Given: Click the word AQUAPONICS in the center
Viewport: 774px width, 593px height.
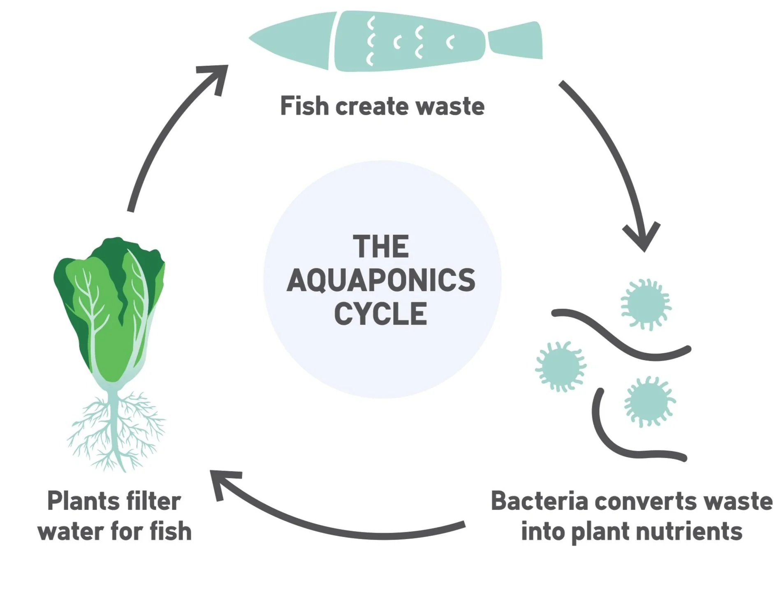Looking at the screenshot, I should click(x=381, y=280).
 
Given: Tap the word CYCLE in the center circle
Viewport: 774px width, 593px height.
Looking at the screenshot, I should click(x=380, y=314).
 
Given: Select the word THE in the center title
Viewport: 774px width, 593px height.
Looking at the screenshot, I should click(x=381, y=247).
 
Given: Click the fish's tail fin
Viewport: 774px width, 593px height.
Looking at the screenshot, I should click(x=516, y=40).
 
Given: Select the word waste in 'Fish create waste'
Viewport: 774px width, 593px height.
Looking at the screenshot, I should click(x=450, y=106).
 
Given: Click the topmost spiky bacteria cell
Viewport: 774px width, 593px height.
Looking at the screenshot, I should click(x=645, y=304).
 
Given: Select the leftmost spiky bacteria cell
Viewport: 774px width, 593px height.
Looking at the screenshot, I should click(x=560, y=366).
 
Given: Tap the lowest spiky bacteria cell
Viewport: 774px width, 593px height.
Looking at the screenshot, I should click(x=649, y=401).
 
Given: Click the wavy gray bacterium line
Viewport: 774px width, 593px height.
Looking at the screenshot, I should click(x=621, y=335).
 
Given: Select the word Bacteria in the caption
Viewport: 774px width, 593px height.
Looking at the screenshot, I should click(x=539, y=501).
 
